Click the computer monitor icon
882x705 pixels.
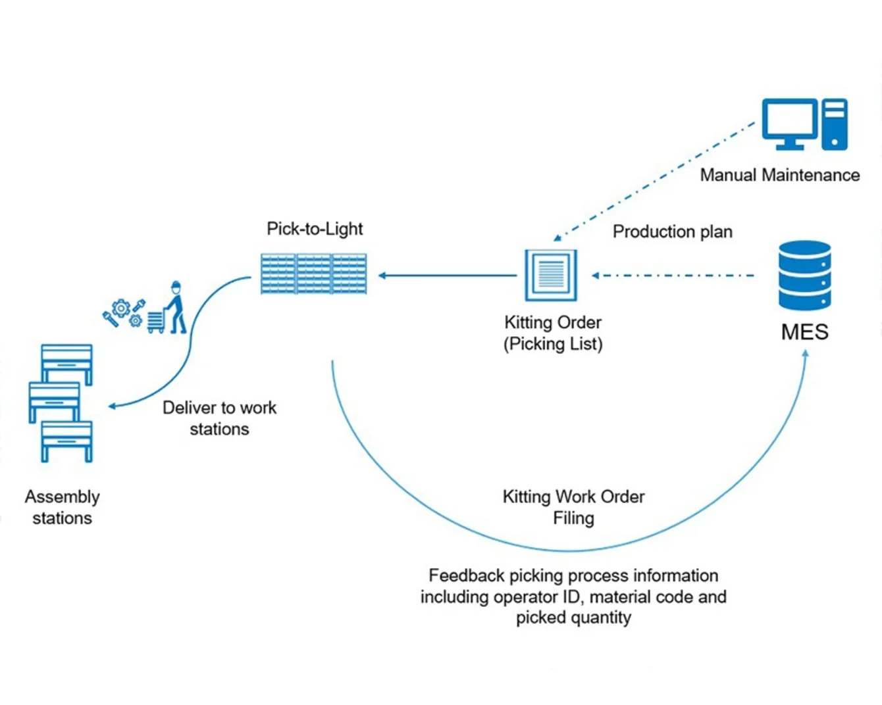pyautogui.click(x=789, y=124)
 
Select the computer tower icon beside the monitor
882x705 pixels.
pyautogui.click(x=835, y=124)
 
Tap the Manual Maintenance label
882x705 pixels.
pyautogui.click(x=780, y=175)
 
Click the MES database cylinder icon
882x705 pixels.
pyautogui.click(x=805, y=276)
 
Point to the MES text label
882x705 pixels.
pyautogui.click(x=805, y=332)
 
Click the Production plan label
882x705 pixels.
pyautogui.click(x=673, y=232)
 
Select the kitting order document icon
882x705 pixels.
pyautogui.click(x=552, y=276)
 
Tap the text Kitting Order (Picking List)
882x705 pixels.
pyautogui.click(x=553, y=333)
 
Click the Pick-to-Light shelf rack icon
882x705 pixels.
pyautogui.click(x=314, y=274)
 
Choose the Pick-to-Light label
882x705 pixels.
pyautogui.click(x=315, y=229)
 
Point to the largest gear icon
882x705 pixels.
pyautogui.click(x=121, y=308)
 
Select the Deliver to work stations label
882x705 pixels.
pyautogui.click(x=220, y=418)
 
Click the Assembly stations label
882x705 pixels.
pyautogui.click(x=63, y=507)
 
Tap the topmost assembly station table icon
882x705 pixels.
pyautogui.click(x=66, y=364)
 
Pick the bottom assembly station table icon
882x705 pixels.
pyautogui.click(x=66, y=441)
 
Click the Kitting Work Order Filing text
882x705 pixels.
pyautogui.click(x=574, y=507)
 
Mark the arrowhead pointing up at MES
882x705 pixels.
pyautogui.click(x=806, y=354)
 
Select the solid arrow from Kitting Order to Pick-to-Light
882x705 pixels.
pyautogui.click(x=447, y=276)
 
